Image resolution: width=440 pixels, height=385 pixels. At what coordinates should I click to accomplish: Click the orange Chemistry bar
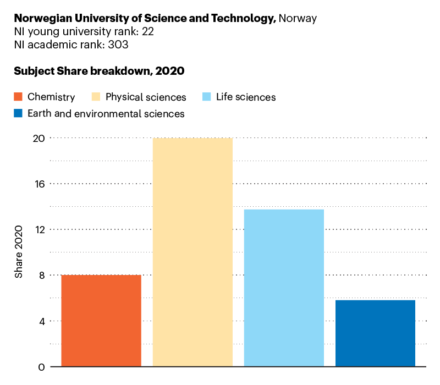point(101,321)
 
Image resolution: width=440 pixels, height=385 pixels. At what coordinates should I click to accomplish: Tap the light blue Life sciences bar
point(284,288)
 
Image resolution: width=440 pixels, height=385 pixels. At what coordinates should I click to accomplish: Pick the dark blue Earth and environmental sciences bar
point(375,333)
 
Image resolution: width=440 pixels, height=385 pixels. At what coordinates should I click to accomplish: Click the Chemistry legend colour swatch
point(18,97)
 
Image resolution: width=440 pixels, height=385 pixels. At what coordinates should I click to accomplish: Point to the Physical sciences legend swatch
point(96,97)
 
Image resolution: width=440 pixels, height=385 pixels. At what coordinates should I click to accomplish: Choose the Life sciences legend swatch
point(207,97)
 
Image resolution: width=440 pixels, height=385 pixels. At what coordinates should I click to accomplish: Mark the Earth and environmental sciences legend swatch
point(18,114)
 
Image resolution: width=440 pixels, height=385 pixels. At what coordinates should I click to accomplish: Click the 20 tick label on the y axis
point(38,138)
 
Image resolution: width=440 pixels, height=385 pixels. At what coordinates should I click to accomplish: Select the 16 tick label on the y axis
point(39,184)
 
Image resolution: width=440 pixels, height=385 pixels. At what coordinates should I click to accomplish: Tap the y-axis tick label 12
point(39,229)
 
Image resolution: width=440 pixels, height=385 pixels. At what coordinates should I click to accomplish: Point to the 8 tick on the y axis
point(41,275)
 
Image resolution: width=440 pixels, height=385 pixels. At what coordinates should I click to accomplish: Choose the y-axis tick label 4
point(41,321)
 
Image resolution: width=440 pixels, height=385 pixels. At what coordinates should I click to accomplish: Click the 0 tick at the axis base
point(41,367)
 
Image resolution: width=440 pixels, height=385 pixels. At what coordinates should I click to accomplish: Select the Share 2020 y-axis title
point(19,252)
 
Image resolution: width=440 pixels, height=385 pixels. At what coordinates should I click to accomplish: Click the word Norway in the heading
point(298,18)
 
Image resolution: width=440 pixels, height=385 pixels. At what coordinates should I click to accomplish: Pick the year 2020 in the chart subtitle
point(169,71)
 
